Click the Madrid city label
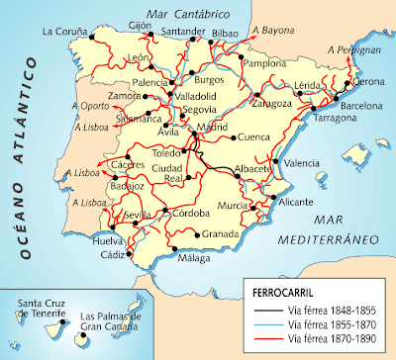coord(211,129)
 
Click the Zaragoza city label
coord(272,103)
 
